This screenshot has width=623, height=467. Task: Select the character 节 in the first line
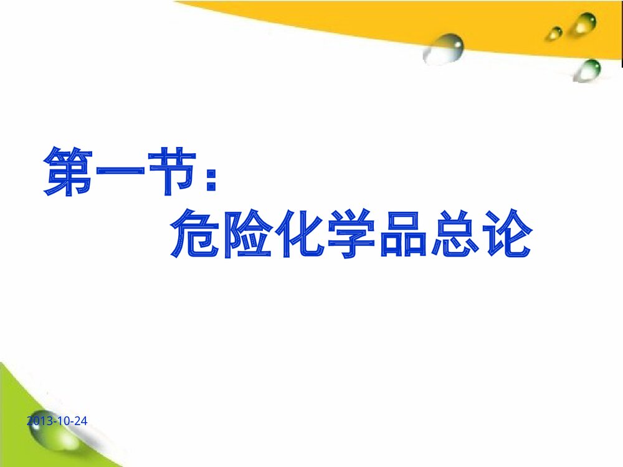(162, 172)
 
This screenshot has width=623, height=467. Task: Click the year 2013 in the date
(39, 422)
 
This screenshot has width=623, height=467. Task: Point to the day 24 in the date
(80, 422)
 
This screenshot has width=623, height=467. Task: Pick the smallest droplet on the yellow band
(554, 33)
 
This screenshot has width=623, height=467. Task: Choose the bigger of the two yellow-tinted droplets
(584, 24)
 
